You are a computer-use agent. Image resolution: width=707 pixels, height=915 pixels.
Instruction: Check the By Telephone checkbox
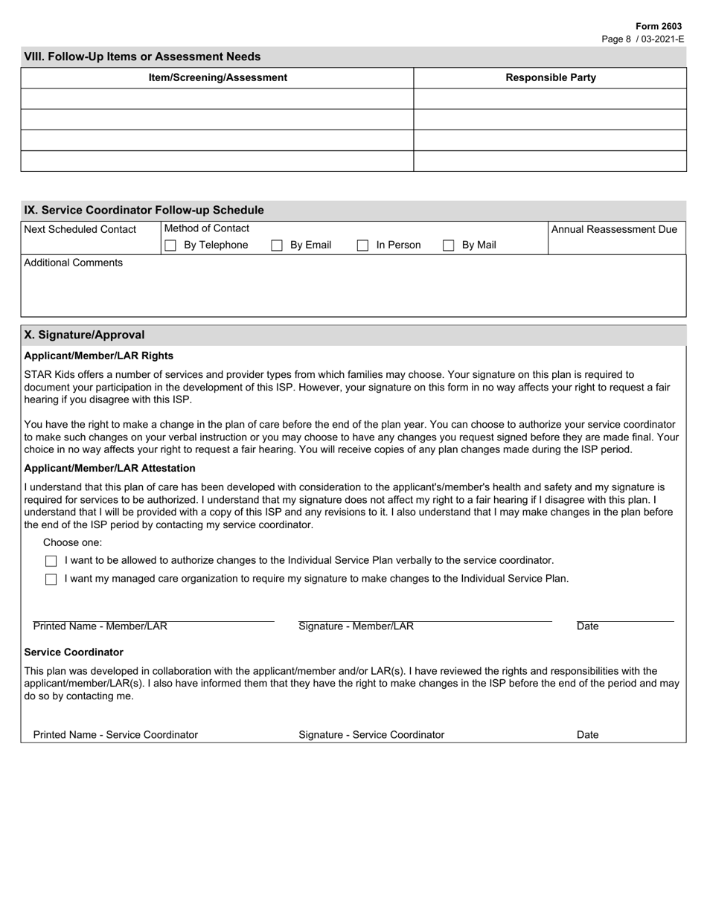pyautogui.click(x=170, y=245)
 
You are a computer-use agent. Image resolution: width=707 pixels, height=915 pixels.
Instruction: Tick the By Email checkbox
pyautogui.click(x=277, y=245)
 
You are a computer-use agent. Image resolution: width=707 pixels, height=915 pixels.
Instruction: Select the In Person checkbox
pyautogui.click(x=363, y=245)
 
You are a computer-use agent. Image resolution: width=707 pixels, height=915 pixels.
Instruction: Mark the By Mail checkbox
pyautogui.click(x=449, y=245)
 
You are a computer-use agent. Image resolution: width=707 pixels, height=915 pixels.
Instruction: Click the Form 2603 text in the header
pyautogui.click(x=658, y=26)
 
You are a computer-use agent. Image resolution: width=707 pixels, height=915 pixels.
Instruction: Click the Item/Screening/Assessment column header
pyautogui.click(x=217, y=77)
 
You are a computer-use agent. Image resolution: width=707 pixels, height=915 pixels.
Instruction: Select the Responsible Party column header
pyautogui.click(x=550, y=77)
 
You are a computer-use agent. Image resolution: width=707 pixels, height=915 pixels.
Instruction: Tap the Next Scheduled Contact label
pyautogui.click(x=80, y=229)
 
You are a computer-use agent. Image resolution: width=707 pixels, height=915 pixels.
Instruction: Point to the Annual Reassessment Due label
pyautogui.click(x=614, y=229)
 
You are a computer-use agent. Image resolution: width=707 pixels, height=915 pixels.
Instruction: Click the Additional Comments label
pyautogui.click(x=74, y=263)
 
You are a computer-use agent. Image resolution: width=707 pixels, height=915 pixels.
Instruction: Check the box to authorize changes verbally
pyautogui.click(x=51, y=561)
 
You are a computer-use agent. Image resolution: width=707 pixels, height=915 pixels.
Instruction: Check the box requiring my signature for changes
pyautogui.click(x=51, y=579)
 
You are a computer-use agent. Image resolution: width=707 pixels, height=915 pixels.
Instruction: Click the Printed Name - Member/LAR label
pyautogui.click(x=100, y=626)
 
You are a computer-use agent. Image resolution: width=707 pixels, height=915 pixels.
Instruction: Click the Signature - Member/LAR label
pyautogui.click(x=356, y=626)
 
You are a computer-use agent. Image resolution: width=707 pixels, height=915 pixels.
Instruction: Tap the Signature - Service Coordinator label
pyautogui.click(x=371, y=735)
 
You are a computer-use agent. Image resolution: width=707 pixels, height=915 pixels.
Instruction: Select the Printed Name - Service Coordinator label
pyautogui.click(x=115, y=735)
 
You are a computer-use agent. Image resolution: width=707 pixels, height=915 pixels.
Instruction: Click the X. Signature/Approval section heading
pyautogui.click(x=85, y=335)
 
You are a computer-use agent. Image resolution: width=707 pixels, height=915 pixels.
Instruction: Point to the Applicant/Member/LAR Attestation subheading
pyautogui.click(x=109, y=469)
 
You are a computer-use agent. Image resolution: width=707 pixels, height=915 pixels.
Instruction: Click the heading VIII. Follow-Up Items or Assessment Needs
pyautogui.click(x=142, y=57)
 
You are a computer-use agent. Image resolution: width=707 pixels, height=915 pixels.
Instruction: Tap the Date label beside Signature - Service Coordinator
pyautogui.click(x=587, y=735)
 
